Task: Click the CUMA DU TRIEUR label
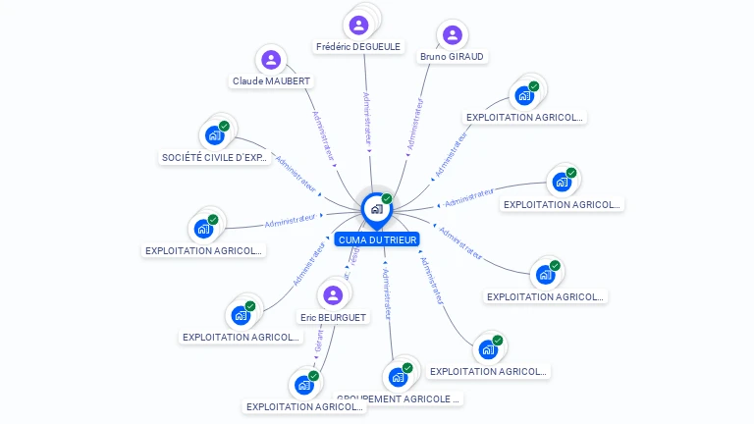pos(377,239)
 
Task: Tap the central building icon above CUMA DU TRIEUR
pos(375,208)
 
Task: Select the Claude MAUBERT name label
pos(272,80)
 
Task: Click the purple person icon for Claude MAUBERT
pos(272,60)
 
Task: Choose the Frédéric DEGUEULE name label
pos(358,46)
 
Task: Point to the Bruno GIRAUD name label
pos(452,57)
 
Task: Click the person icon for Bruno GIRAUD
pos(452,35)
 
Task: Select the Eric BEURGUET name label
pos(333,317)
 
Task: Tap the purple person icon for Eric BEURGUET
pos(333,294)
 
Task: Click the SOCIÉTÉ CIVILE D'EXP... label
pos(213,157)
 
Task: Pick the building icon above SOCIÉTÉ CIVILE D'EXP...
pos(213,135)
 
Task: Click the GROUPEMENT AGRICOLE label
pos(398,399)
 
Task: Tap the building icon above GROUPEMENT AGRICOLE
pos(398,376)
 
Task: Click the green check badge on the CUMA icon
pos(387,198)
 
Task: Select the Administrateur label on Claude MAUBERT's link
pos(324,134)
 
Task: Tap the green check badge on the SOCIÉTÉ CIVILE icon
pos(224,127)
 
